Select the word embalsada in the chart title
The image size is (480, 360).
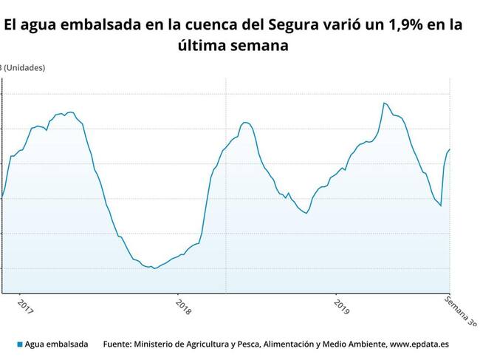click(x=90, y=24)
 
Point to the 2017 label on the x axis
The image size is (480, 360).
click(x=24, y=306)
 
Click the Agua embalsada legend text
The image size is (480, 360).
click(x=56, y=344)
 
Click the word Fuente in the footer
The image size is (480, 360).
click(x=120, y=344)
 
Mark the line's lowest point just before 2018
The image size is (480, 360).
click(x=154, y=268)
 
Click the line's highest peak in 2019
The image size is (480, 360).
click(x=384, y=103)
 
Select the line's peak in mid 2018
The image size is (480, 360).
click(x=245, y=122)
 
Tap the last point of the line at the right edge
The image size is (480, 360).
click(x=450, y=149)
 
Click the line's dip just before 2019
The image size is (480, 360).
click(x=306, y=214)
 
